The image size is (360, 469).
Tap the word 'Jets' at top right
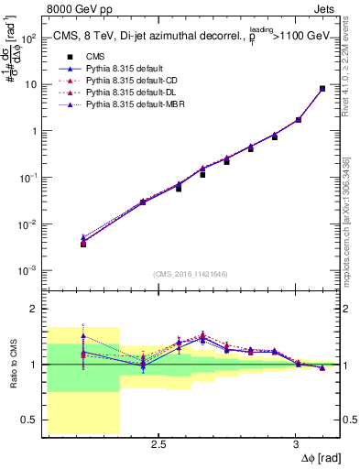point(326,8)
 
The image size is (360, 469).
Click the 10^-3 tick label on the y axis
point(28,271)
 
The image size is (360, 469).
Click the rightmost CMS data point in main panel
point(322,89)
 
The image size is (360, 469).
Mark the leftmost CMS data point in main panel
point(83,245)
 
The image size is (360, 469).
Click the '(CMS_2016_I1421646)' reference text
point(191,274)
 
